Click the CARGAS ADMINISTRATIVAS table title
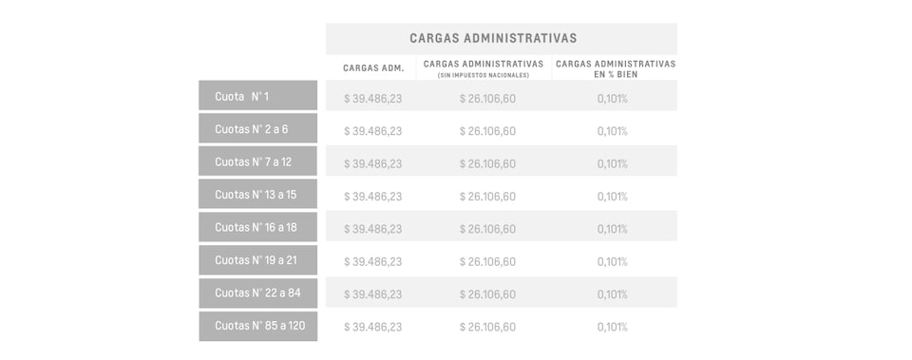click(x=493, y=38)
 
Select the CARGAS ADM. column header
click(x=373, y=68)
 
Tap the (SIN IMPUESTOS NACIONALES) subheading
click(x=484, y=75)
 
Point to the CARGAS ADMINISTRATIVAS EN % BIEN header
click(x=615, y=67)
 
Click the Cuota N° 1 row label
click(x=242, y=97)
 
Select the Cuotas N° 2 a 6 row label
click(x=251, y=129)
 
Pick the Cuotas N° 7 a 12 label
click(x=253, y=161)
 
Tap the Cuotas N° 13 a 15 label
click(x=256, y=195)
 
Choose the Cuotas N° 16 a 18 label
click(x=256, y=227)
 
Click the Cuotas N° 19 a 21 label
click(x=256, y=260)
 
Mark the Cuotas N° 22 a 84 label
click(x=256, y=293)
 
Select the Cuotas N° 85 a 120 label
click(x=259, y=326)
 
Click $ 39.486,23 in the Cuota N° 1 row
click(x=372, y=99)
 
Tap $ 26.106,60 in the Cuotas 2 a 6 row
click(x=487, y=131)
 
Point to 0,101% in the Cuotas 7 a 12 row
click(x=612, y=163)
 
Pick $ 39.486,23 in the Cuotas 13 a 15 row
click(x=372, y=197)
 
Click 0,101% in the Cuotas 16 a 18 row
click(x=612, y=229)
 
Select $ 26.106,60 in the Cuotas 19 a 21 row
click(x=487, y=261)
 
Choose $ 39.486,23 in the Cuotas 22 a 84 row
click(x=372, y=294)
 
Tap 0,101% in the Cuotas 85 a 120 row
click(x=612, y=327)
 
